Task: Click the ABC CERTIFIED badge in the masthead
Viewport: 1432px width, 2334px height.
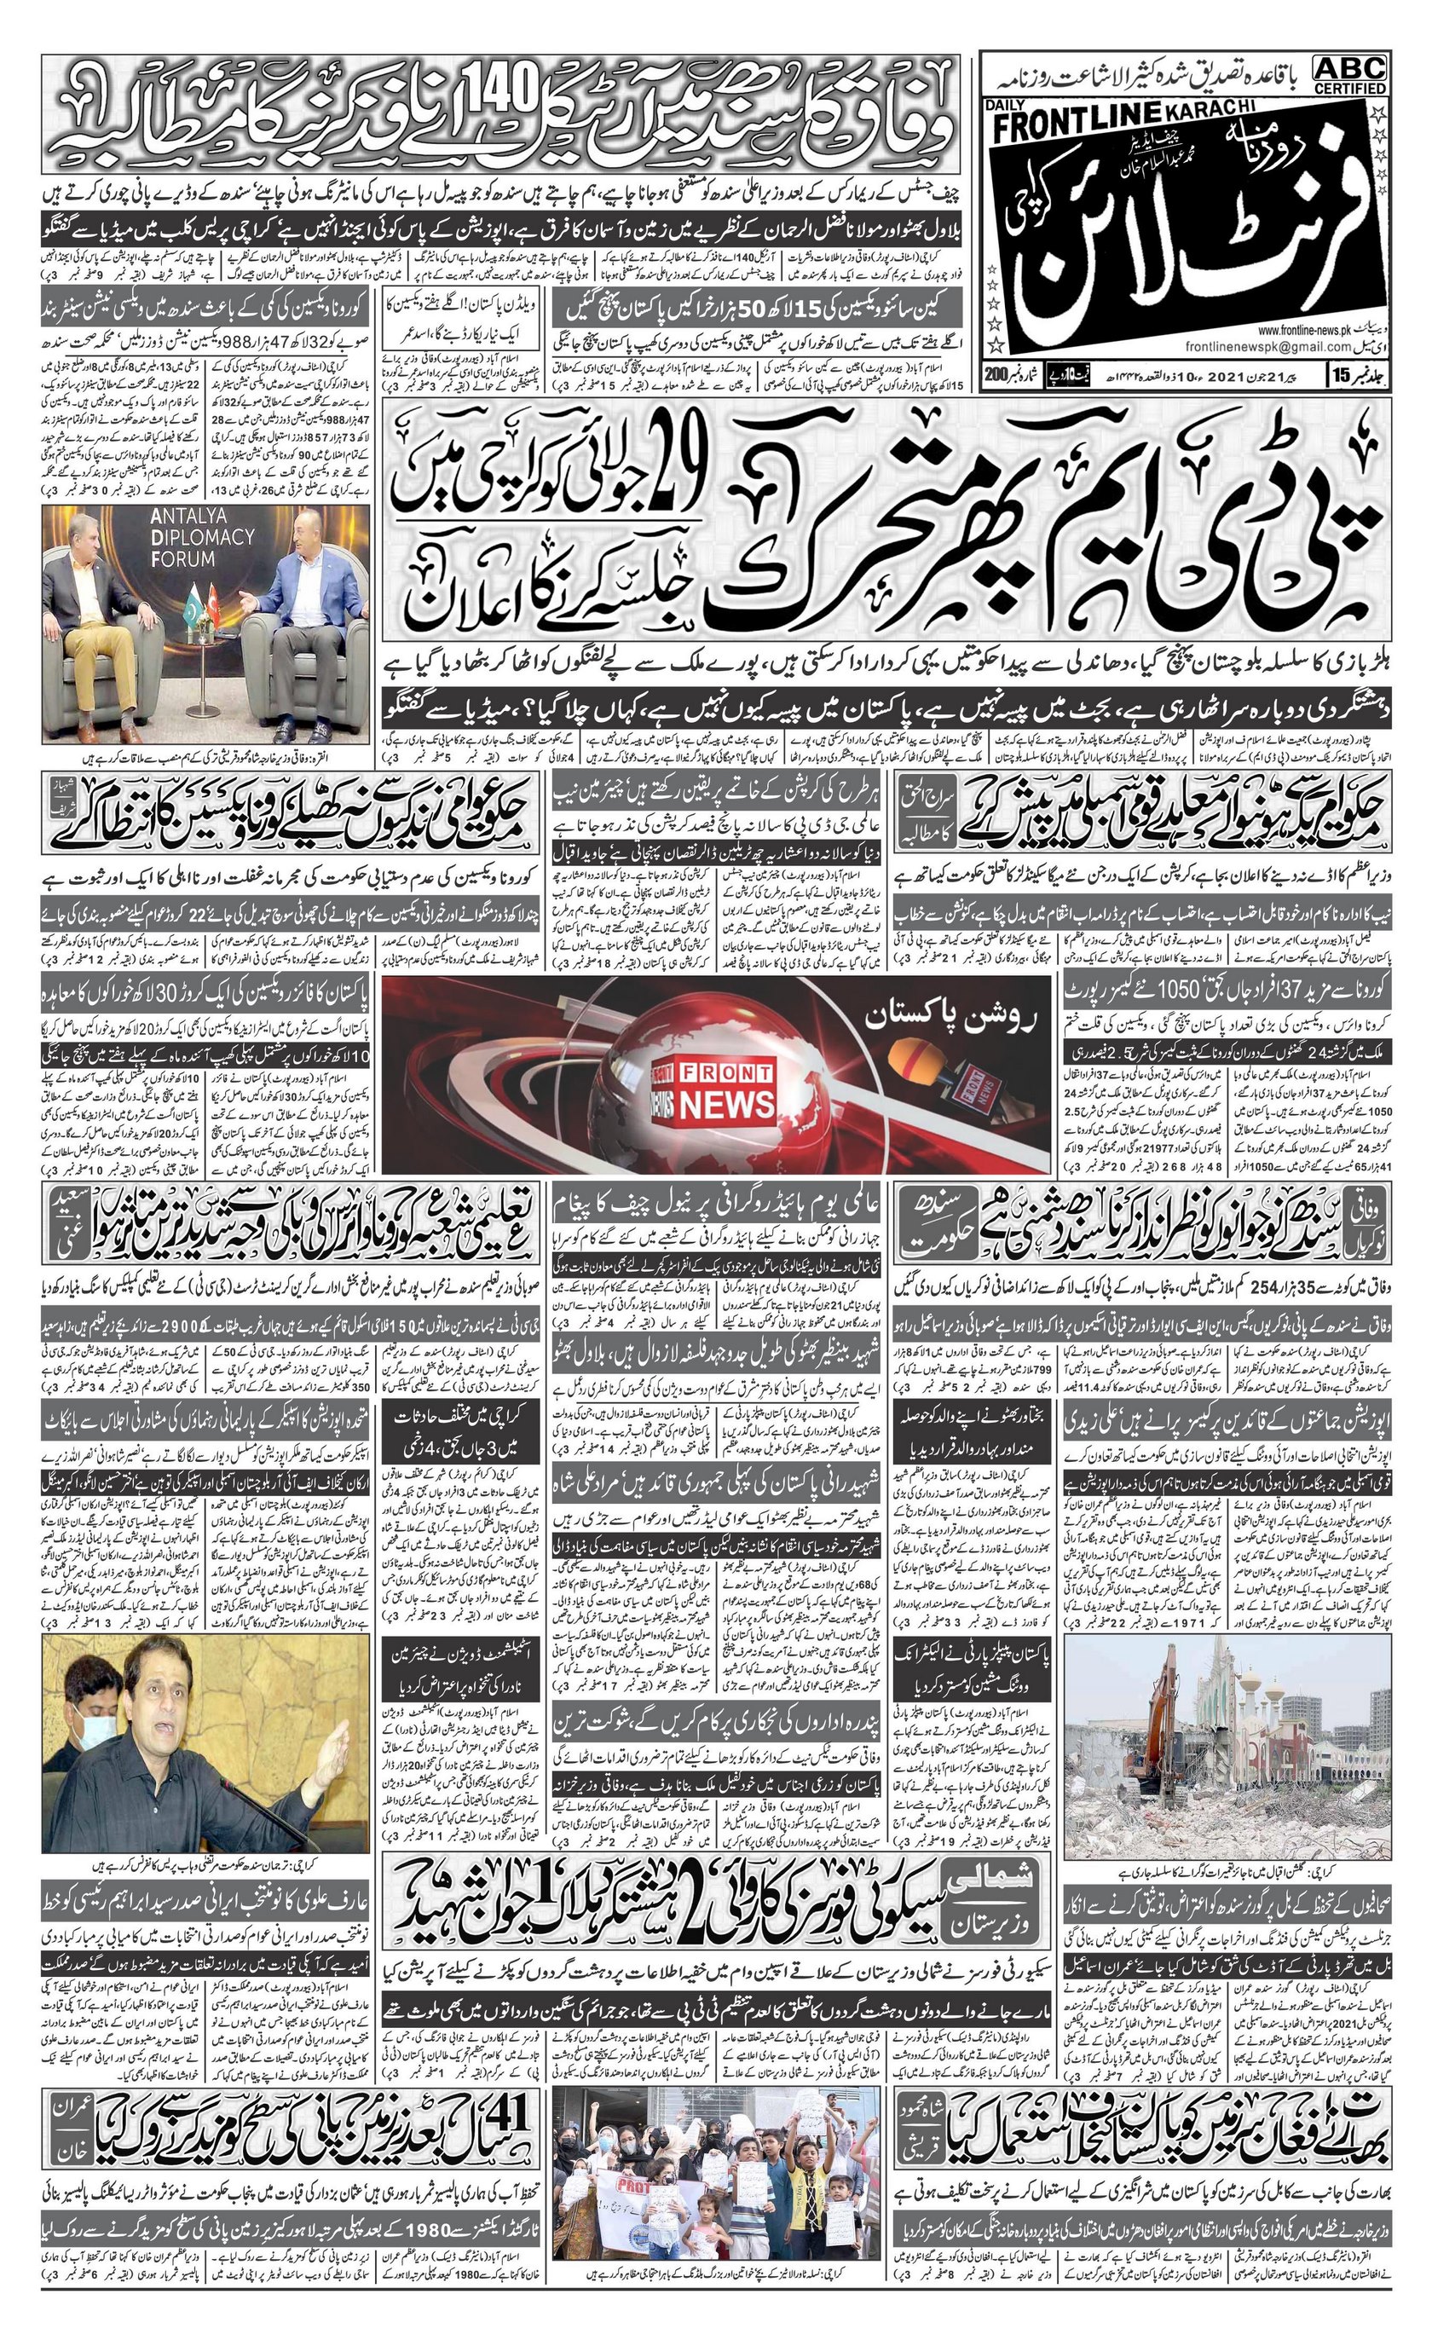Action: coord(1348,74)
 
